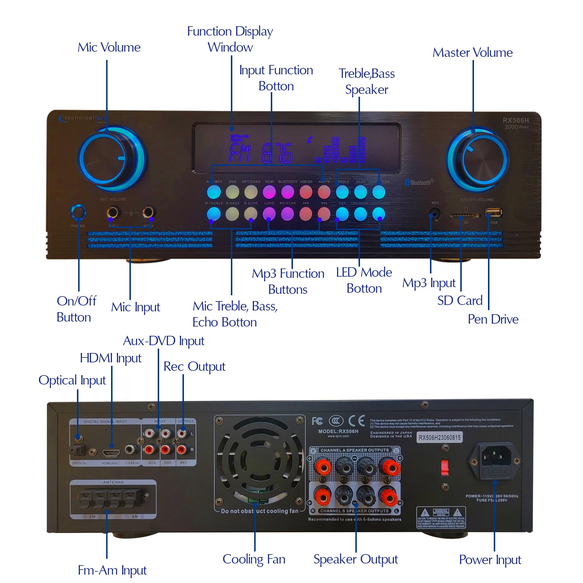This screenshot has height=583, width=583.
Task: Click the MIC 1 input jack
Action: [113, 213]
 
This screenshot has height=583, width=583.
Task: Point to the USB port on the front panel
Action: [494, 213]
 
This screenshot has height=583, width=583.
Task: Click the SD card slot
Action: [466, 215]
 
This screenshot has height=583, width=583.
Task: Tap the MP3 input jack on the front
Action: [434, 215]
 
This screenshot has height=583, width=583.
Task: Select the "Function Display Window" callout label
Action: [230, 39]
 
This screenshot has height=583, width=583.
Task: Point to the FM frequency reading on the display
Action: [261, 153]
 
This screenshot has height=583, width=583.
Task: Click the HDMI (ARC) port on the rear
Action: [111, 453]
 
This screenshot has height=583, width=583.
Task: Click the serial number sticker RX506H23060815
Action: [439, 438]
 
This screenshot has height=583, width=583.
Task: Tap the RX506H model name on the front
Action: [515, 120]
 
